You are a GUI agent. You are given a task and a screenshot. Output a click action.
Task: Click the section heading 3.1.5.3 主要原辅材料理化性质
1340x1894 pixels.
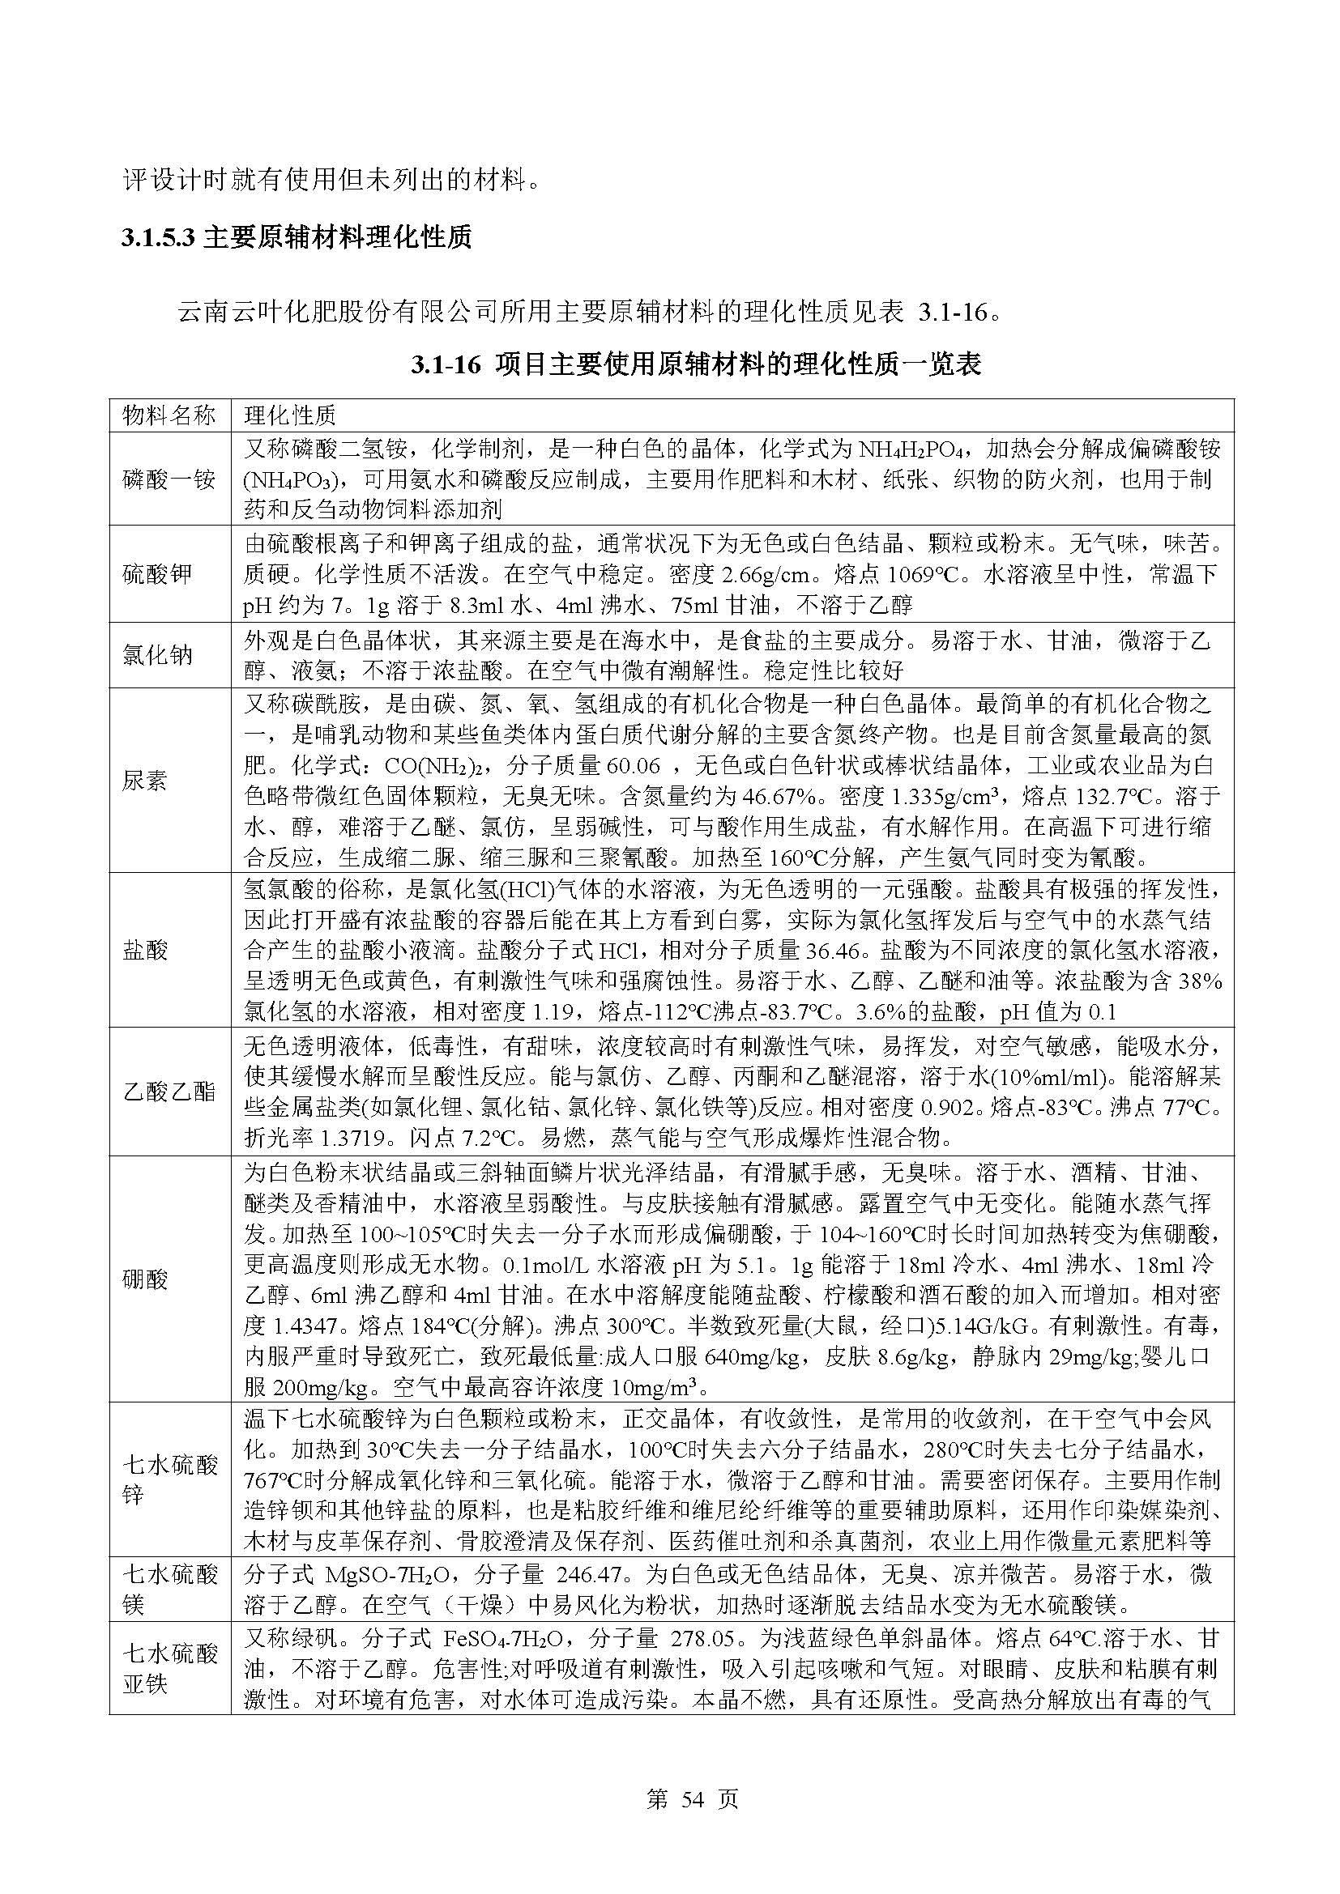point(297,238)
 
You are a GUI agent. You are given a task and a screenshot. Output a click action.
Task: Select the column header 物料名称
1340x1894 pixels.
point(169,415)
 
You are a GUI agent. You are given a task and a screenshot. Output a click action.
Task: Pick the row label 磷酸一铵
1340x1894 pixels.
point(169,479)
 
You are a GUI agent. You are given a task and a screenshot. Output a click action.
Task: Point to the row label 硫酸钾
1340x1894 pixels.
point(158,574)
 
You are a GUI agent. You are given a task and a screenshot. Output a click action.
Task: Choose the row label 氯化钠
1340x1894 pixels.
point(158,655)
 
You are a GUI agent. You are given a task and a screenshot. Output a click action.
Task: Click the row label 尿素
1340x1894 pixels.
point(145,781)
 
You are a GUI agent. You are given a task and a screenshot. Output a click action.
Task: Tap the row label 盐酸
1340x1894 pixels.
point(145,951)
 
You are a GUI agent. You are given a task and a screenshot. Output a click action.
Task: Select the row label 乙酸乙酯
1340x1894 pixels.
point(169,1092)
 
